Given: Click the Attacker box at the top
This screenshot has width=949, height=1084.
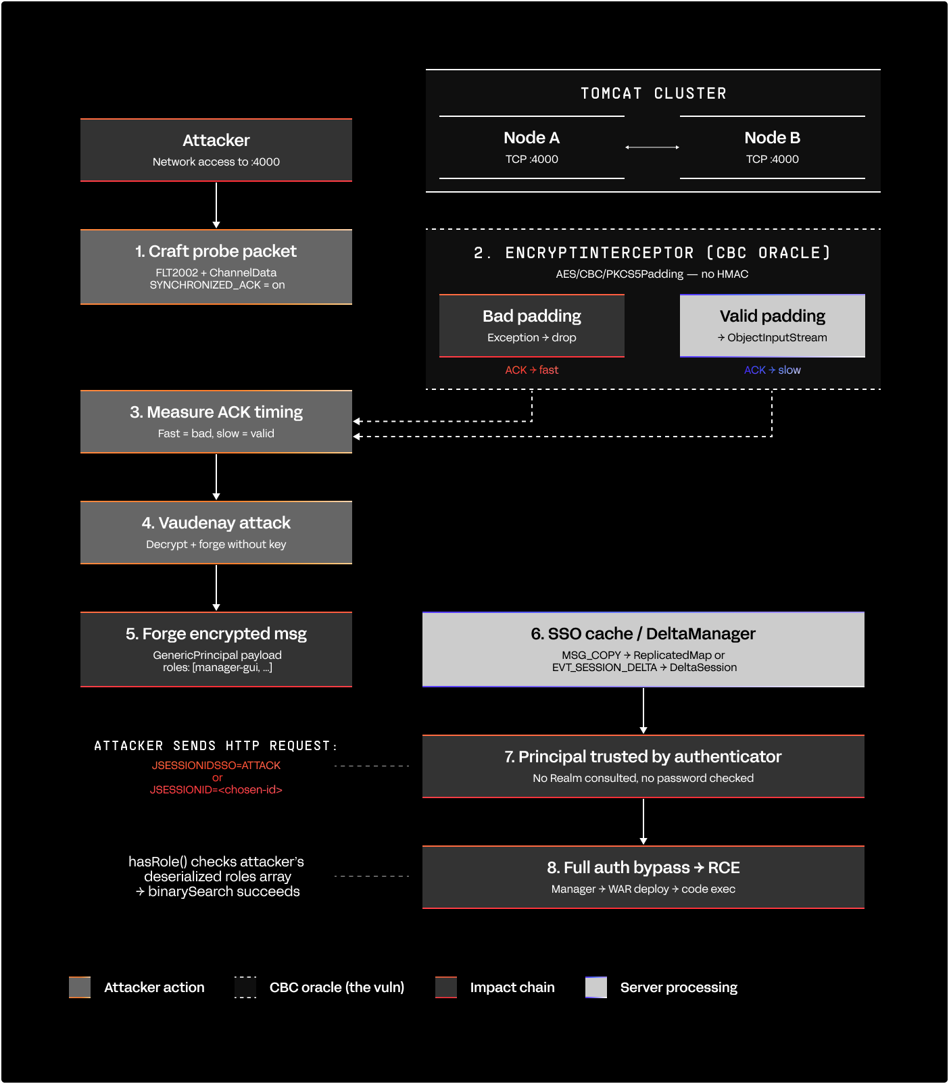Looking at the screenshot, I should (216, 150).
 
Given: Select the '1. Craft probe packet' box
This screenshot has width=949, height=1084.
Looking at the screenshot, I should (216, 267).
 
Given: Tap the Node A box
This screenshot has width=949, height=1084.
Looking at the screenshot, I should (532, 147).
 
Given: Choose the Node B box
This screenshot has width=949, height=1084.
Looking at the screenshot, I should (773, 147).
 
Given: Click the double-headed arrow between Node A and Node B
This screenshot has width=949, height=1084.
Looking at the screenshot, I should (652, 147).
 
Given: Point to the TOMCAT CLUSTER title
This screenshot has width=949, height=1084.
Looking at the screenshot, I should (653, 93).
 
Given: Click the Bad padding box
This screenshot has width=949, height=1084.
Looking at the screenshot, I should (532, 326).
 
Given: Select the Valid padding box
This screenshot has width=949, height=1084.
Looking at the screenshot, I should (773, 326).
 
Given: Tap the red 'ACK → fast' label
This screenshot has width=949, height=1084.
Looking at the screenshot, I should (532, 370).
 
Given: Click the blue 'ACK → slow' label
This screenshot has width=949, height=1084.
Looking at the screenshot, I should (773, 370).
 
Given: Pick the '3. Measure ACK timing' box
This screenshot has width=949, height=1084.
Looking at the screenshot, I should (216, 422).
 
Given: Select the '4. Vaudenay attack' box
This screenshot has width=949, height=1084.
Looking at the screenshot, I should (216, 533).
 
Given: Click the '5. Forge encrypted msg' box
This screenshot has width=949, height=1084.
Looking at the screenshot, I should (216, 649).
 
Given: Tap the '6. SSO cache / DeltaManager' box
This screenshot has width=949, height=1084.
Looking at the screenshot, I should (643, 649).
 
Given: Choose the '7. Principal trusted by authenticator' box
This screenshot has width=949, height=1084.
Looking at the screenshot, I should (643, 766).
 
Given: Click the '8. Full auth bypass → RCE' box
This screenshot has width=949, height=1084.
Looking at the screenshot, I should (643, 877).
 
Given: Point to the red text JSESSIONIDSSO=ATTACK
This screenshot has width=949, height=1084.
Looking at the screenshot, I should (216, 766).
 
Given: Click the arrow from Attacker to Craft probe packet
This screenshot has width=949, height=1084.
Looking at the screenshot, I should (216, 205).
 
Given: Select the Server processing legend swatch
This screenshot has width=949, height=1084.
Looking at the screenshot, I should (596, 987).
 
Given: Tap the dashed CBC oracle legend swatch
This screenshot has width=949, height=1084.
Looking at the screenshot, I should (245, 987).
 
